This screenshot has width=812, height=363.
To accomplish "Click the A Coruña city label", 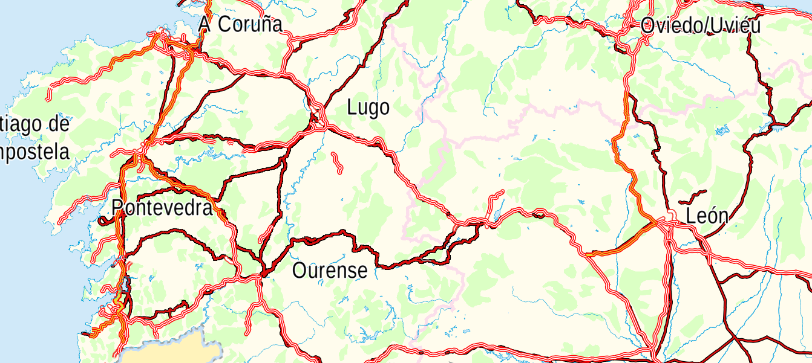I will [241, 24].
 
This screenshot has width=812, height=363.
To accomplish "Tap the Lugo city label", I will [368, 108].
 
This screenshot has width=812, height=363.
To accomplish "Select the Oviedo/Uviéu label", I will [700, 25].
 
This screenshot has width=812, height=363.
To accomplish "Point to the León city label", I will [707, 216].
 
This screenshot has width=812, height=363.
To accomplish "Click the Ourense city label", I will [330, 270].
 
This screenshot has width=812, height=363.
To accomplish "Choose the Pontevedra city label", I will [162, 208].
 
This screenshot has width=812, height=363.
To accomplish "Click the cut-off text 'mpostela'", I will [34, 152].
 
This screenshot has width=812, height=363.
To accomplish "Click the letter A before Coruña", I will [205, 24].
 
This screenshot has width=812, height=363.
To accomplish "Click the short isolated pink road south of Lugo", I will [336, 162].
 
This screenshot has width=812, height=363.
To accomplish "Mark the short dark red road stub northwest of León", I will [692, 197].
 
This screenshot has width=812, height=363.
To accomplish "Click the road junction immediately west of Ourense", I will [263, 275].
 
